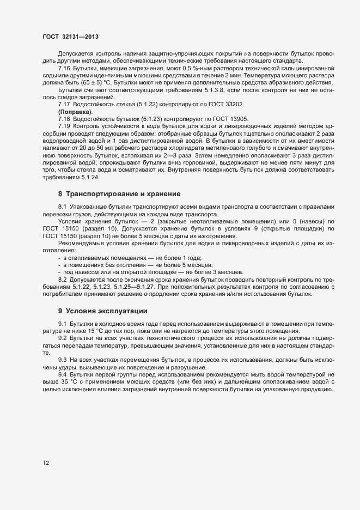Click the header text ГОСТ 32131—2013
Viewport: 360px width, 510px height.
coord(71,37)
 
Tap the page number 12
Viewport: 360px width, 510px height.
coord(47,463)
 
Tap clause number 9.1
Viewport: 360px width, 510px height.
coord(63,324)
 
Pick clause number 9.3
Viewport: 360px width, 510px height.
coord(63,360)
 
